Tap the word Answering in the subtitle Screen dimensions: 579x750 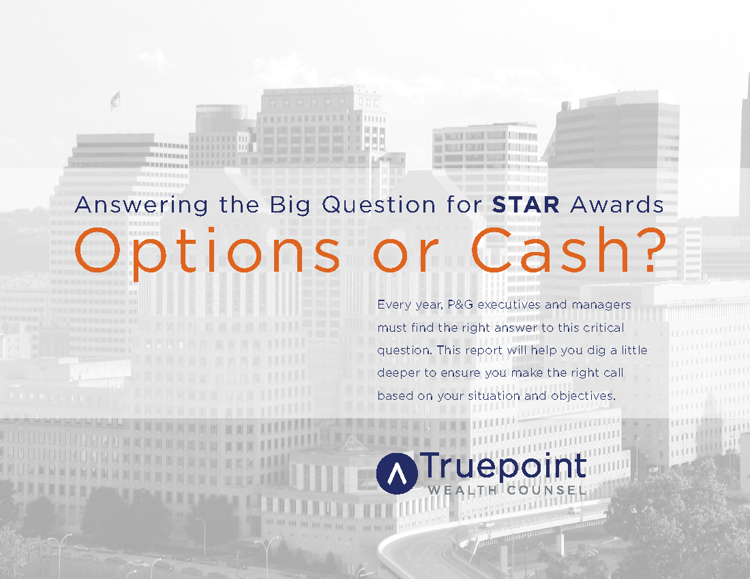tap(130, 205)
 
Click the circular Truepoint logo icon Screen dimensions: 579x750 tap(396, 472)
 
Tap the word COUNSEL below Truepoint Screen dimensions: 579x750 tap(546, 490)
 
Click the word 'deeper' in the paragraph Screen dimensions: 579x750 tap(397, 373)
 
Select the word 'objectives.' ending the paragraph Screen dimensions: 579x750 tap(586, 396)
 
